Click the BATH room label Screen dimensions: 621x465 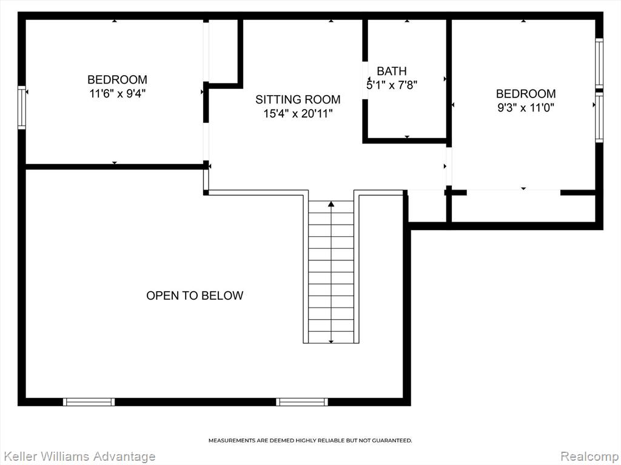coord(391,71)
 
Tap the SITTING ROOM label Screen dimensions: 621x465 coord(298,99)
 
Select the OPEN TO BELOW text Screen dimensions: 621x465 coord(195,295)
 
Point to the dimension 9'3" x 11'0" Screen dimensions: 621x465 coord(526,107)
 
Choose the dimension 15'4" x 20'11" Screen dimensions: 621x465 coord(298,113)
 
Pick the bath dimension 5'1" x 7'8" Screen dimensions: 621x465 coord(392,85)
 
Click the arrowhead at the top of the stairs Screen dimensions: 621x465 coord(331,204)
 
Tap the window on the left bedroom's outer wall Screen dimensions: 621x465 coord(22,108)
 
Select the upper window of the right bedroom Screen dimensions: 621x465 coord(599,63)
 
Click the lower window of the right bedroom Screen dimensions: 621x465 coord(599,117)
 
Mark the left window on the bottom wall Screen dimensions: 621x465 coord(89,402)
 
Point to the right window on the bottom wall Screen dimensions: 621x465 coord(302,402)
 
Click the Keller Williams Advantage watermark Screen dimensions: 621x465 coord(78,457)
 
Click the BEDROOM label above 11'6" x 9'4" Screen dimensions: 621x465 coord(117,79)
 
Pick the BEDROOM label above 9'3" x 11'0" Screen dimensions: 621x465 coord(526,93)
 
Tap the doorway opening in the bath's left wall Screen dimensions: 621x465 coord(365,81)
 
